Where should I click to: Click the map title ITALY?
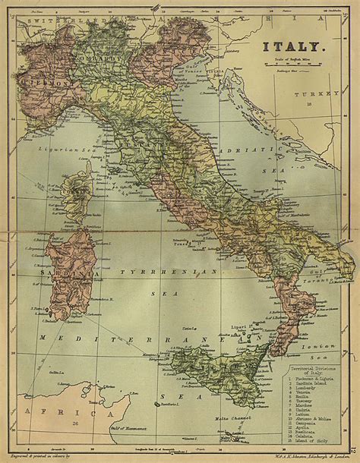295,47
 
